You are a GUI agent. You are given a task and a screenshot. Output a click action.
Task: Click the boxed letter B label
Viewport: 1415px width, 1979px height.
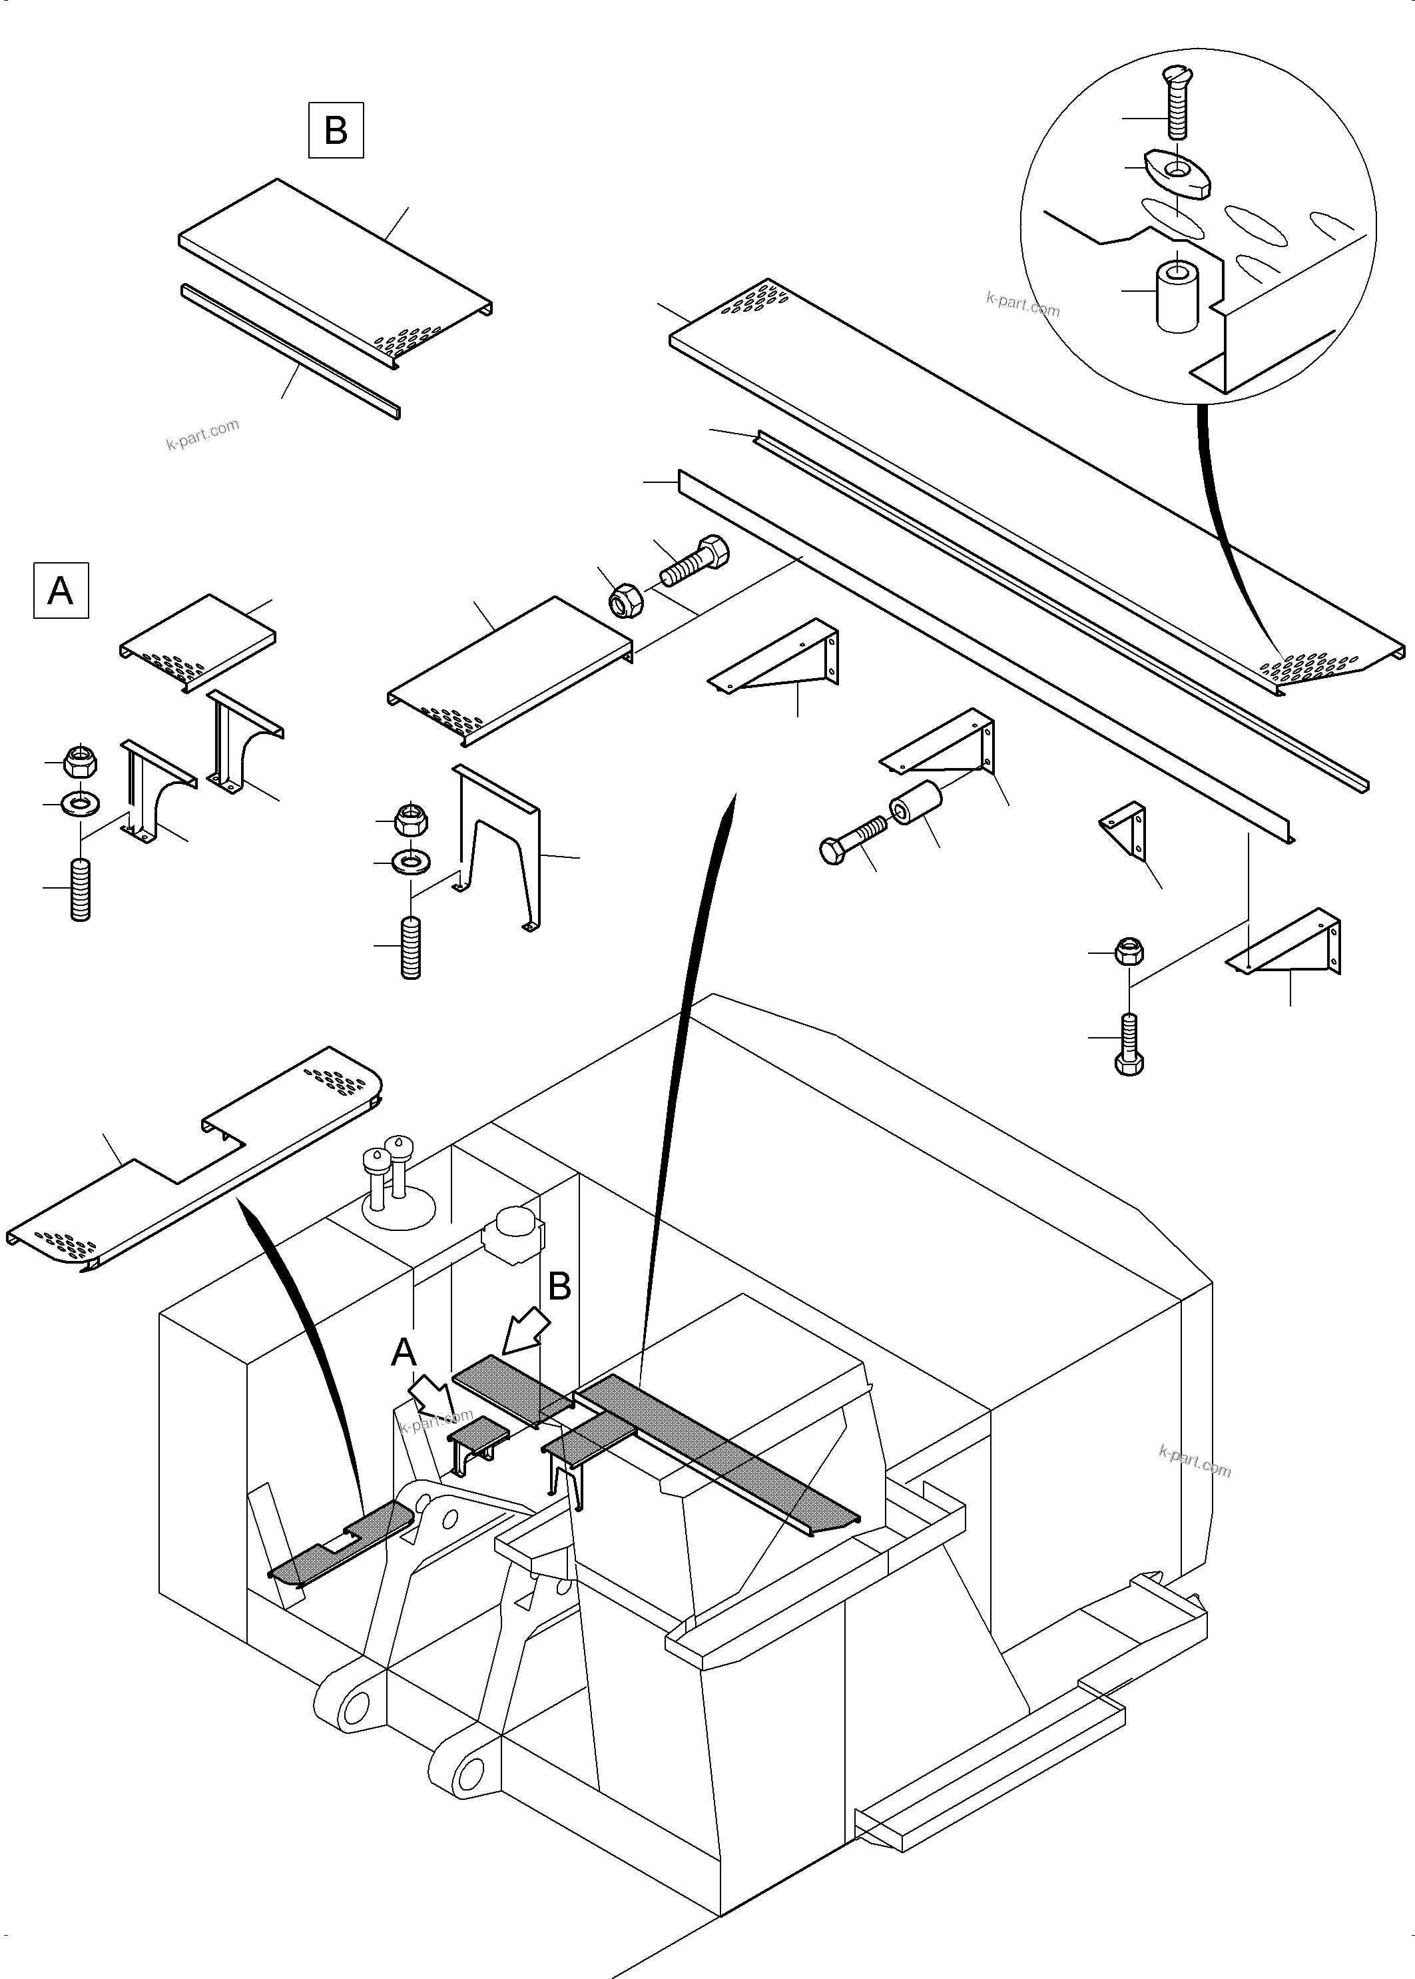pyautogui.click(x=336, y=131)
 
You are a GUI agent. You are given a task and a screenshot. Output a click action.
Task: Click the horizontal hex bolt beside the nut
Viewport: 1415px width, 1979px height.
pyautogui.click(x=695, y=563)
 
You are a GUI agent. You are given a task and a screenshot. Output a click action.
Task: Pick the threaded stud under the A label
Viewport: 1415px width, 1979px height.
pyautogui.click(x=80, y=888)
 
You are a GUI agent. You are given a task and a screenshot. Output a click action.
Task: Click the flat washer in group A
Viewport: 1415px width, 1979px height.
pyautogui.click(x=80, y=799)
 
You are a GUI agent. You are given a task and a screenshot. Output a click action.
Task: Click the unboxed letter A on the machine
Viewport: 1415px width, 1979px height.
pyautogui.click(x=404, y=1352)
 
